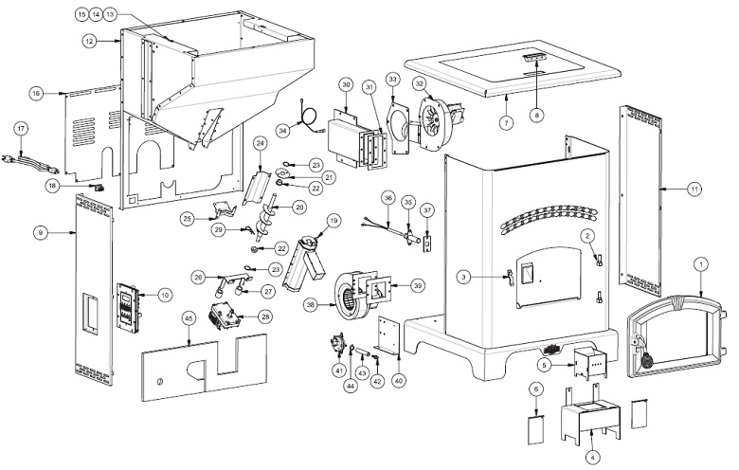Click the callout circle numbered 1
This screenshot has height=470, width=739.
tap(700, 263)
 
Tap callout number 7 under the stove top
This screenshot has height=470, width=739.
tap(507, 124)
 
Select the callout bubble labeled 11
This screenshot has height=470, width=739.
tap(695, 190)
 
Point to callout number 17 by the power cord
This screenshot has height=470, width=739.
tap(22, 127)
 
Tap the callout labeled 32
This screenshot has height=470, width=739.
tap(419, 82)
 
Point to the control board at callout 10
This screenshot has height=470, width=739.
tap(128, 306)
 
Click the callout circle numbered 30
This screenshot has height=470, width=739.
tap(346, 85)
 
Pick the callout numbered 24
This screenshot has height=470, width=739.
tap(258, 143)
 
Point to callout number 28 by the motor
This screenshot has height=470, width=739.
tap(265, 317)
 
